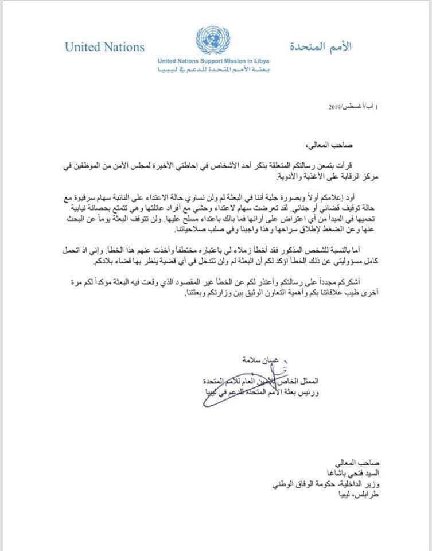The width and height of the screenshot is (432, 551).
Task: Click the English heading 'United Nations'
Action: tap(104, 47)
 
